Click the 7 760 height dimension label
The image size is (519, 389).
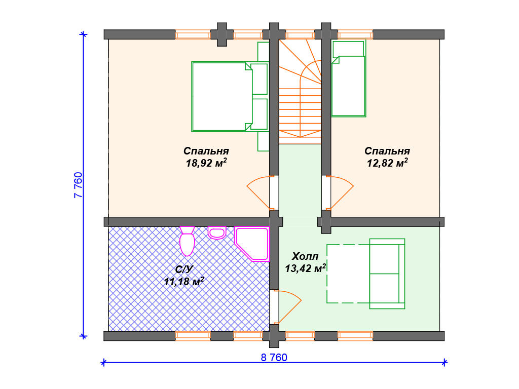[78, 185]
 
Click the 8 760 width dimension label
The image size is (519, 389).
[274, 358]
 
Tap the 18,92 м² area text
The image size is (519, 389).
[206, 163]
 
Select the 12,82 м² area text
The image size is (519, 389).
[387, 163]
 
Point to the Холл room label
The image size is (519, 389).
[305, 256]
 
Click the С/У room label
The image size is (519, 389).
[183, 269]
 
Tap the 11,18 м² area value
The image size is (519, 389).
[184, 281]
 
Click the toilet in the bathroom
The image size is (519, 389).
[187, 241]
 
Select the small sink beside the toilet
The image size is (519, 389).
[217, 233]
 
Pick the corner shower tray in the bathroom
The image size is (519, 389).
[252, 244]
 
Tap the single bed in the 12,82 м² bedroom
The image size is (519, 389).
[349, 79]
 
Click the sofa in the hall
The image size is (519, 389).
[387, 274]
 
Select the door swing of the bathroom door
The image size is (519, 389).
[287, 306]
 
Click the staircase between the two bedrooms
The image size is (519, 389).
[300, 92]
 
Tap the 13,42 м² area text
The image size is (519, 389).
[305, 268]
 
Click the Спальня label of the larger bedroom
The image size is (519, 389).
[206, 151]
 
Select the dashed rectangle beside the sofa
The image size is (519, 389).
[348, 274]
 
